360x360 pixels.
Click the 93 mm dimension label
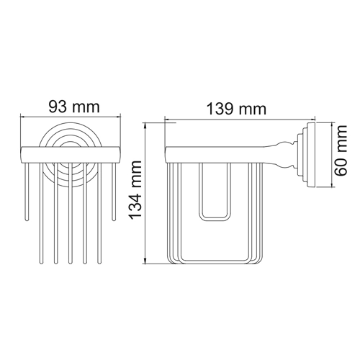coord(74,107)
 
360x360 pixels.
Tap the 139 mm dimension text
coord(236,109)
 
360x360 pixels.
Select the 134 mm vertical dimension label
coord(135,190)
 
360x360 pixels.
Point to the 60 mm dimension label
coord(341,150)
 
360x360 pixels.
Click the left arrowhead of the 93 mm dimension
coord(22,117)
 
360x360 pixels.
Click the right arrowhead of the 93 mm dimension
coord(118,117)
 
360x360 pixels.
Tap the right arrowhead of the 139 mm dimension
coord(312,119)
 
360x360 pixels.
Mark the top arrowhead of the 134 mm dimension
coord(145,125)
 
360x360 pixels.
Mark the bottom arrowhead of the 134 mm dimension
coord(145,261)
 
